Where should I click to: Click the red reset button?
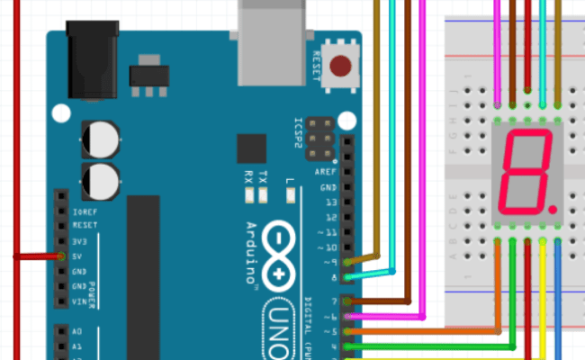tap(341, 66)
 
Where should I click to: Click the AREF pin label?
tap(326, 171)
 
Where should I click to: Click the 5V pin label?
tap(78, 256)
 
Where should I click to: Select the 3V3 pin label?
tap(80, 241)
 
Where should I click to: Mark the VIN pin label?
tap(79, 301)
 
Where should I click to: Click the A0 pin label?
tap(77, 331)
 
